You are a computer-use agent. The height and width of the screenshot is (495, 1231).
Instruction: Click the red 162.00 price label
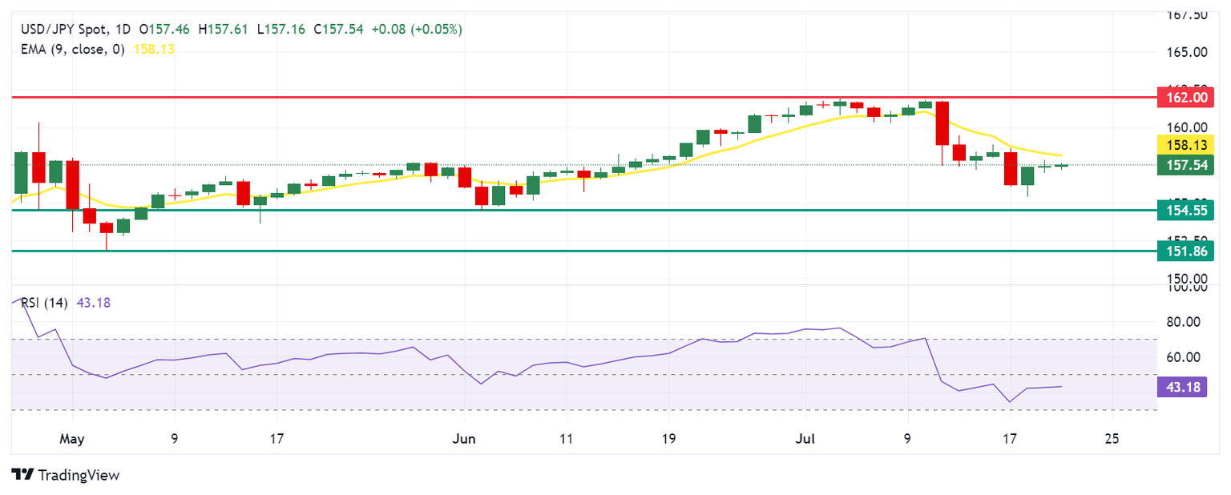[x=1185, y=99]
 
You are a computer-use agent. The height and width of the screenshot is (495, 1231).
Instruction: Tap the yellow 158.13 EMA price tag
[x=1185, y=145]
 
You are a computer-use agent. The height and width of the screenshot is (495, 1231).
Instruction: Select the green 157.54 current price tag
[x=1185, y=165]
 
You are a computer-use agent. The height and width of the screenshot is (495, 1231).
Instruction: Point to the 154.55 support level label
[x=1185, y=211]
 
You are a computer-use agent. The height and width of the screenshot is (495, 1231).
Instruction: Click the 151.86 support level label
[x=1185, y=251]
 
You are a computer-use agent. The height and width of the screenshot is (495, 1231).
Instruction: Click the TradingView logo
[x=66, y=474]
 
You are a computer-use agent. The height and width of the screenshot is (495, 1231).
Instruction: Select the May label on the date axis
[x=71, y=439]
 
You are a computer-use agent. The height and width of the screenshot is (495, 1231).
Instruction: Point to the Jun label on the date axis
[x=464, y=439]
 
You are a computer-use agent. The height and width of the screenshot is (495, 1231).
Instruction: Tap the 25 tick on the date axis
[x=1112, y=439]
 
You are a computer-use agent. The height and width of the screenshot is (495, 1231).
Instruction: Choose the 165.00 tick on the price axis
[x=1187, y=52]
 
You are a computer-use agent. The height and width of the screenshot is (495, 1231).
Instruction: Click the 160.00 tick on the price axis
[x=1187, y=127]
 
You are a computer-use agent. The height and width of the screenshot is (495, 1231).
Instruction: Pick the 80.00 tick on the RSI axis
[x=1187, y=322]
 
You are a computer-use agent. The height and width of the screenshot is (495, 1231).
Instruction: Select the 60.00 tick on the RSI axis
[x=1187, y=357]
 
